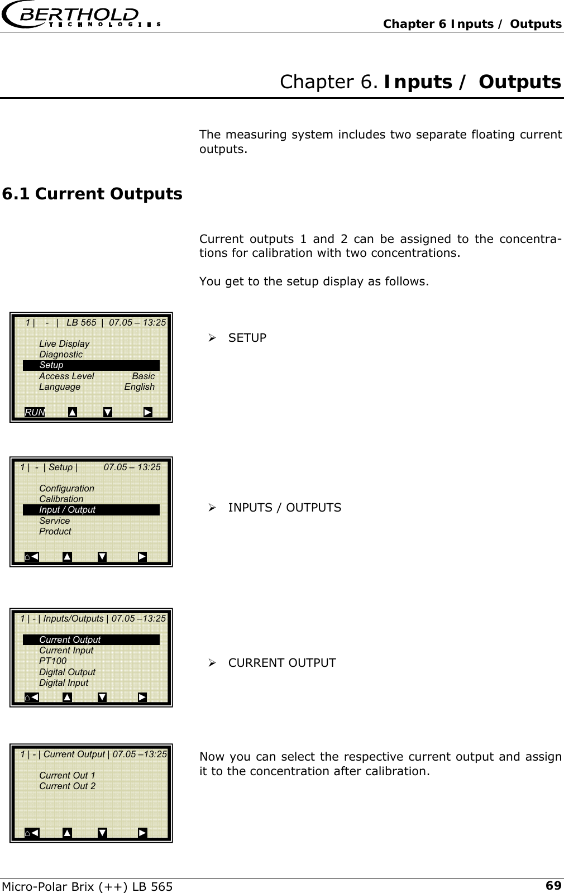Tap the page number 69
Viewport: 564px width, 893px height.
click(553, 886)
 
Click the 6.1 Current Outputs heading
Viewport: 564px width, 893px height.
click(92, 194)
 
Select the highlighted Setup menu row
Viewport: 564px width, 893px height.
click(91, 365)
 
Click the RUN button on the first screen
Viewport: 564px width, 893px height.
click(35, 412)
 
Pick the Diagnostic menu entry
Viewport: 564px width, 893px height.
click(61, 354)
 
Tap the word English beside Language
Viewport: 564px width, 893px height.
click(139, 386)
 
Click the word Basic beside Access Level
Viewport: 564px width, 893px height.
click(143, 376)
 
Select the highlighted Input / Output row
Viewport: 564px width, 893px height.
click(91, 509)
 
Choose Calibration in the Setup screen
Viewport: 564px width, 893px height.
click(61, 499)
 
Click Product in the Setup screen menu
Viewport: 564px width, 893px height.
click(55, 531)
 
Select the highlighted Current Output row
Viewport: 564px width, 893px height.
click(91, 639)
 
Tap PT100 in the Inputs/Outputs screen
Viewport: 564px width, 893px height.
click(52, 661)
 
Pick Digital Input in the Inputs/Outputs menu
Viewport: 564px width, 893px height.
click(64, 682)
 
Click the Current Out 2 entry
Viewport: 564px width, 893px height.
click(67, 786)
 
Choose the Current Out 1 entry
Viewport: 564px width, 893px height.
click(67, 775)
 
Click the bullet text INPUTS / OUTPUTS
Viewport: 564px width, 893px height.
click(284, 508)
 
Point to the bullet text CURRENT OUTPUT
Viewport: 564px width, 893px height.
click(281, 663)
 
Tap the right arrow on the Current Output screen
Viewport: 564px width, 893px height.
click(142, 833)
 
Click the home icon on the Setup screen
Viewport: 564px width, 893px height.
click(28, 557)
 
